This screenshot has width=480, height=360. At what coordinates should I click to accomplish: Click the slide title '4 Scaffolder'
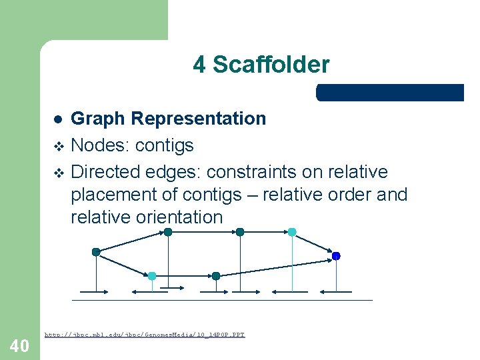pos(261,65)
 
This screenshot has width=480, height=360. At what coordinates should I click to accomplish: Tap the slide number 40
pos(19,345)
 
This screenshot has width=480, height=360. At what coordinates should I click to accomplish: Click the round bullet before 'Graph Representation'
pos(58,119)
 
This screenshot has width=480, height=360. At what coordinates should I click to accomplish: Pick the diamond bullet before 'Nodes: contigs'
pos(58,146)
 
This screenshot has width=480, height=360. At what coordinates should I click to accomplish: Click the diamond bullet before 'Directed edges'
pos(58,173)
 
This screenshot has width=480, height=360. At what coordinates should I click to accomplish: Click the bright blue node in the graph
pos(336,256)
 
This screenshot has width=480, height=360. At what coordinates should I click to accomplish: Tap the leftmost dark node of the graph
pos(96,252)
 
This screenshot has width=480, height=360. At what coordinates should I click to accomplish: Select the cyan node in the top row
pos(292,232)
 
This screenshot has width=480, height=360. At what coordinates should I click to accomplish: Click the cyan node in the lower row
pos(152,275)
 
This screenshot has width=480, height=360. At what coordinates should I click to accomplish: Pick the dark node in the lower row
pos(215,275)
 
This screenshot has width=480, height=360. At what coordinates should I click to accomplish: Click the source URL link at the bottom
pos(145,334)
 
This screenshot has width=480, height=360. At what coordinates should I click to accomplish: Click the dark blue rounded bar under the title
pos(390,93)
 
